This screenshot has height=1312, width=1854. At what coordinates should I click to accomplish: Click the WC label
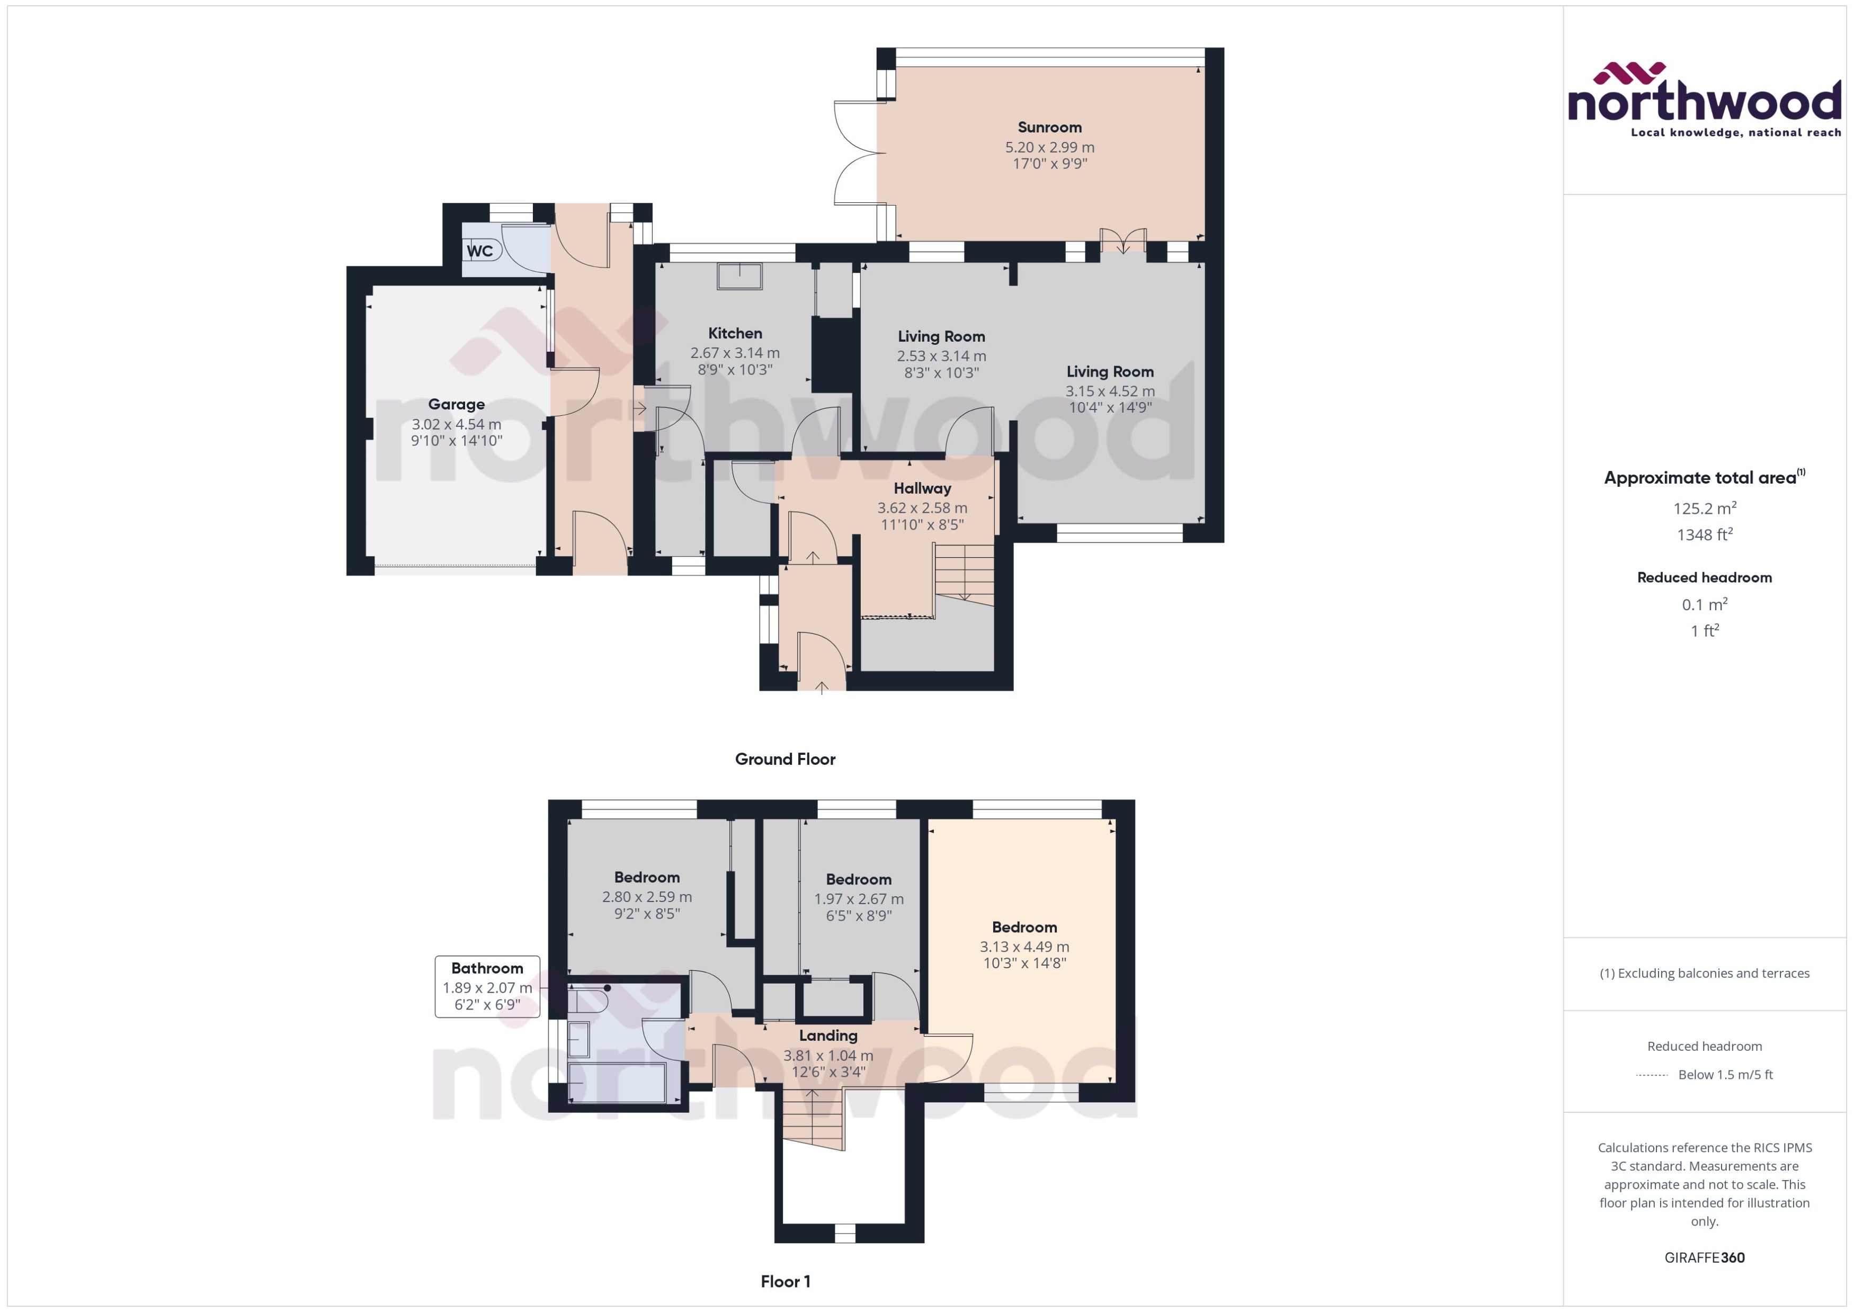pyautogui.click(x=480, y=251)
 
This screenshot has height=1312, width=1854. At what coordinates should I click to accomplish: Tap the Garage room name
pyautogui.click(x=457, y=405)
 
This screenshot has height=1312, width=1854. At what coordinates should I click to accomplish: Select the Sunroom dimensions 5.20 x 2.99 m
pyautogui.click(x=1049, y=147)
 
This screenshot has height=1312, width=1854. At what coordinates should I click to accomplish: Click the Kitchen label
pyautogui.click(x=734, y=333)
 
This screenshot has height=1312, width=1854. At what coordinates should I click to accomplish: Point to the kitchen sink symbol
pyautogui.click(x=739, y=275)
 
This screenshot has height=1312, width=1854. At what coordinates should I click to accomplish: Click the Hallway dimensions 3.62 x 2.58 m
pyautogui.click(x=922, y=508)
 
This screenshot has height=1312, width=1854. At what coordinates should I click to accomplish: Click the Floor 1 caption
pyautogui.click(x=785, y=1281)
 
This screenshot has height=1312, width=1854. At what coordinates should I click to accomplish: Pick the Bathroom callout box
pyautogui.click(x=487, y=986)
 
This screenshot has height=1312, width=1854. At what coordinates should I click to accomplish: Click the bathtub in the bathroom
pyautogui.click(x=617, y=1083)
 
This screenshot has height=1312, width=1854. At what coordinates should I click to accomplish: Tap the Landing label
pyautogui.click(x=828, y=1036)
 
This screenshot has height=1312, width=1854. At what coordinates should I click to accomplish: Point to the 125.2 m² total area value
pyautogui.click(x=1704, y=508)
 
